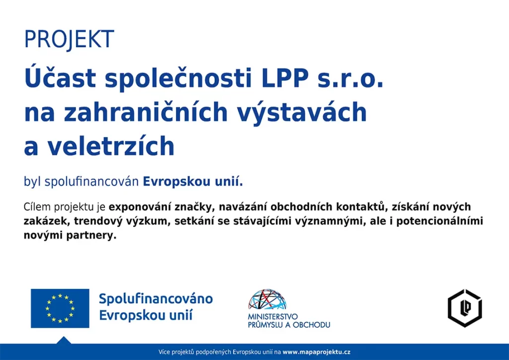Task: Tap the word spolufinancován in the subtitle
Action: click(x=91, y=182)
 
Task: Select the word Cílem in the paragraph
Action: click(x=37, y=207)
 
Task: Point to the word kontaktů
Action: click(x=361, y=207)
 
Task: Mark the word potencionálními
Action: click(x=439, y=221)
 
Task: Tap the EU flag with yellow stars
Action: click(x=60, y=308)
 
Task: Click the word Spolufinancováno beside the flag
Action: click(x=156, y=299)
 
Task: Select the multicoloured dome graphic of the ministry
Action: click(x=267, y=299)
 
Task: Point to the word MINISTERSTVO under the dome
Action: click(x=273, y=317)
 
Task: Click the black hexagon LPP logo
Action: click(x=465, y=308)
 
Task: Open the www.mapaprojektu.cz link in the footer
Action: click(x=317, y=352)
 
